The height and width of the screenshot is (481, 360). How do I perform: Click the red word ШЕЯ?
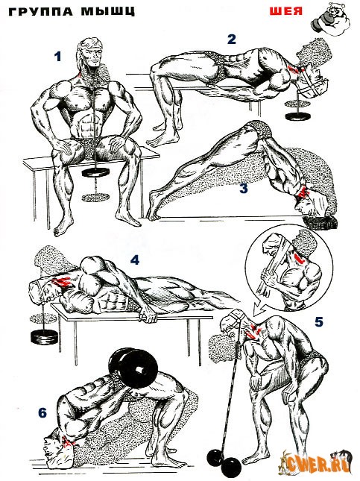(286, 11)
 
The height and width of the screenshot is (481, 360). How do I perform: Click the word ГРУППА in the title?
(41, 11)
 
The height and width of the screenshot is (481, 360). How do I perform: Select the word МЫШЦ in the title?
(108, 11)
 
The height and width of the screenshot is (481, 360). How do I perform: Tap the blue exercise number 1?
(57, 57)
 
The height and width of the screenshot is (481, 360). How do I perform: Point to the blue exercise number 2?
(232, 40)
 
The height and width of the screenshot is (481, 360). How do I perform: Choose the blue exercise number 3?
(243, 189)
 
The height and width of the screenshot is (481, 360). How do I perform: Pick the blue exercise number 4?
(135, 260)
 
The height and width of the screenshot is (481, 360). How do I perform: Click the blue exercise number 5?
(318, 322)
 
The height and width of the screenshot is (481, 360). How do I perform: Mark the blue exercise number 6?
(42, 413)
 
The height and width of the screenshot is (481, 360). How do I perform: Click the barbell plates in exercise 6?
(134, 370)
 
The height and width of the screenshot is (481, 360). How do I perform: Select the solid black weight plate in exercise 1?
(96, 172)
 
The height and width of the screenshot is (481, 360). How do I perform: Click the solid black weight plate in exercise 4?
(44, 336)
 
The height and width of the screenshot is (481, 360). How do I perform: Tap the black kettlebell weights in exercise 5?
(224, 460)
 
